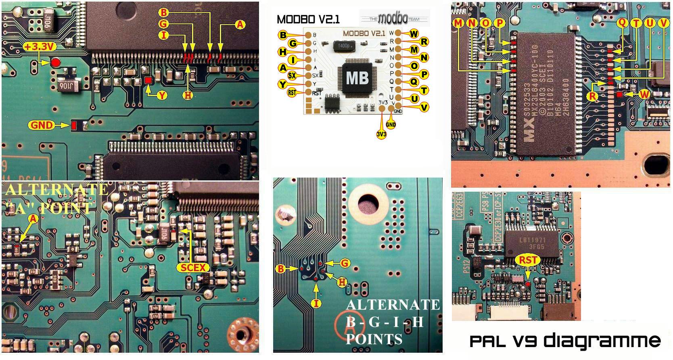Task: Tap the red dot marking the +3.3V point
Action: [55, 63]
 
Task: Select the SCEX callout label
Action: [193, 267]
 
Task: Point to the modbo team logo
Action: [394, 18]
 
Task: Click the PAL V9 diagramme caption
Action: [565, 341]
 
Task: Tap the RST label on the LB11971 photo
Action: [527, 260]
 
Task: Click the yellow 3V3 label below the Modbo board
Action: [381, 134]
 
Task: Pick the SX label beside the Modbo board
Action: [292, 75]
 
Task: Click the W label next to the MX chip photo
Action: [644, 94]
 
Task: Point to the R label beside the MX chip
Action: [592, 96]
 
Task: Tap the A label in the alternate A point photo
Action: [33, 219]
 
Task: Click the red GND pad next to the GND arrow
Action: [74, 125]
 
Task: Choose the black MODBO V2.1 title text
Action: [308, 19]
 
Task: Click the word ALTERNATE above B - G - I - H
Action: [393, 305]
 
